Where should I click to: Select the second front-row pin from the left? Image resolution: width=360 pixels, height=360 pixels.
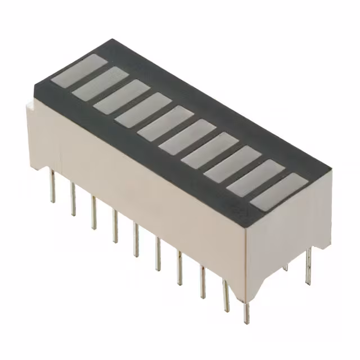[73, 200]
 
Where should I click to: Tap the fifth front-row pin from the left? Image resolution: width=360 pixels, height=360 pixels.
[136, 239]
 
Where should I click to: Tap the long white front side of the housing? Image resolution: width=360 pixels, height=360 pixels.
[141, 186]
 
